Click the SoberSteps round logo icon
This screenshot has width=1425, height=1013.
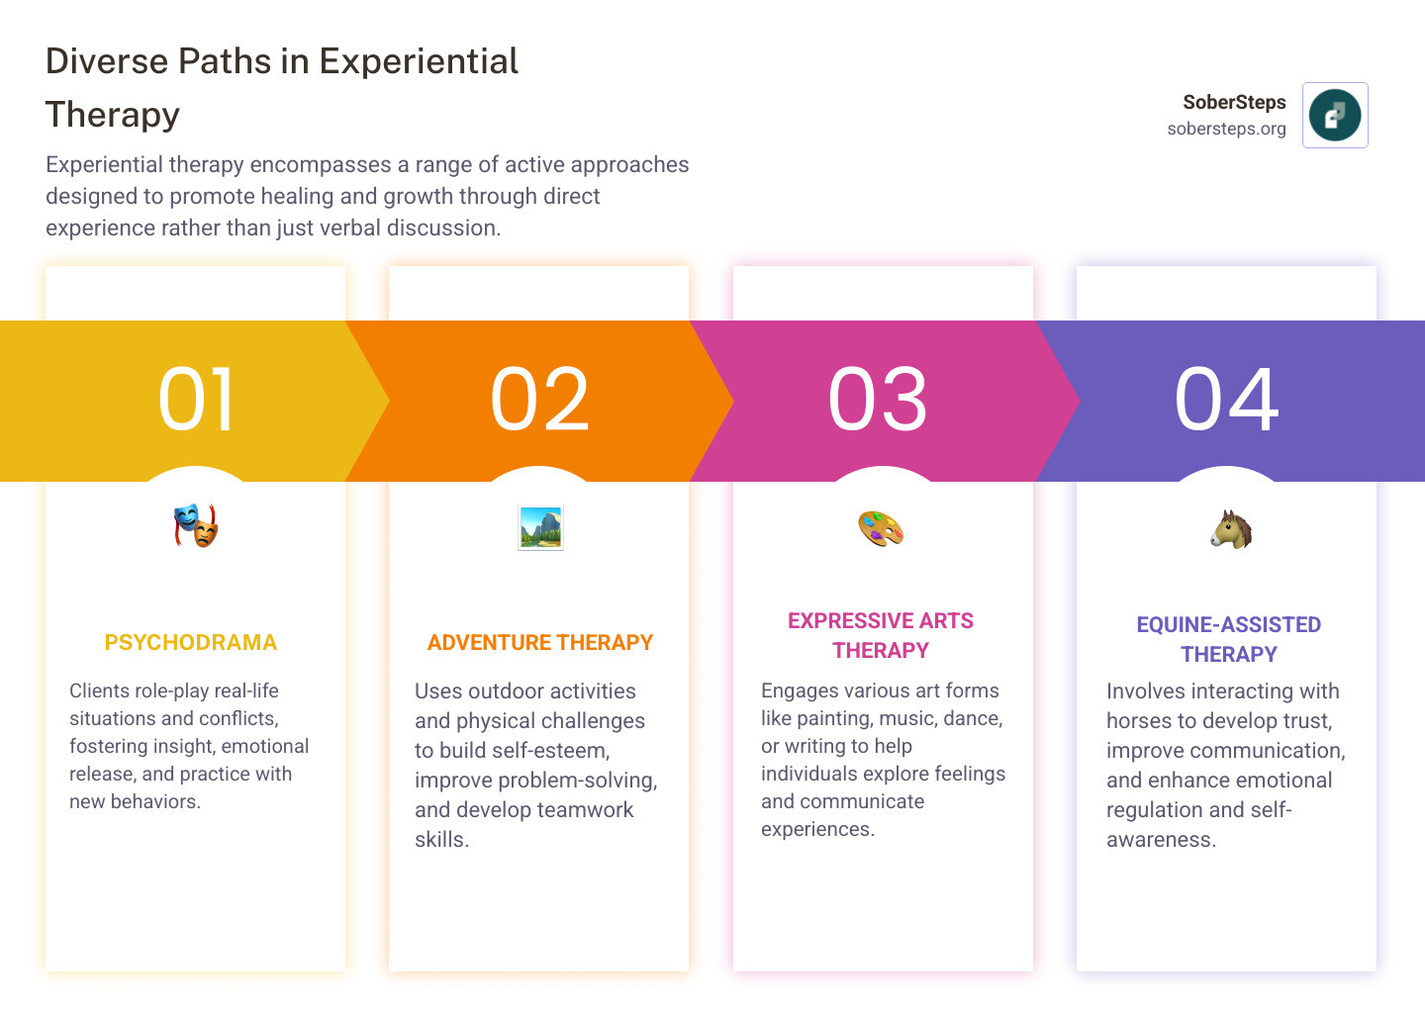coord(1335,115)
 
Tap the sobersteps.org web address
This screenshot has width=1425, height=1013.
coord(1226,129)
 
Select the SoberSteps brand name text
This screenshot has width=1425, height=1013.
coord(1234,102)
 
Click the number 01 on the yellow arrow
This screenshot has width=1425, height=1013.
coord(195,399)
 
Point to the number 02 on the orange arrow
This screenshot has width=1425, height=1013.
coord(539,399)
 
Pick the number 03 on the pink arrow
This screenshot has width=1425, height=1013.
coord(877,399)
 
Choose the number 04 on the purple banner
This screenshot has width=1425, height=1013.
coord(1226,399)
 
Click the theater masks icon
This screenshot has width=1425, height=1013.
coord(196,526)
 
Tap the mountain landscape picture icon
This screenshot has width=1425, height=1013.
coord(540,527)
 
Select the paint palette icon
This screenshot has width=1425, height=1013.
coord(881,528)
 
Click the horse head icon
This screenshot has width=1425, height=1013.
coord(1231,529)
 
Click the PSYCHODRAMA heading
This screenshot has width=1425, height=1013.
coord(191,642)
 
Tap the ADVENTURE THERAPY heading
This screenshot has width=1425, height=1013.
coord(540,642)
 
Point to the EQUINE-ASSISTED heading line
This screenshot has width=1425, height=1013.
coord(1229,624)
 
